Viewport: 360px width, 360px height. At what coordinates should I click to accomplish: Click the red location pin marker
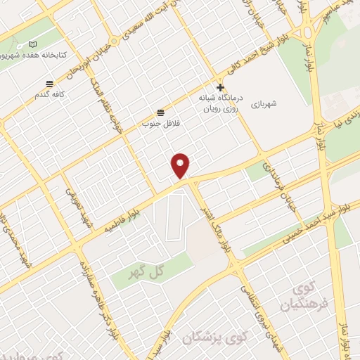pos(181,166)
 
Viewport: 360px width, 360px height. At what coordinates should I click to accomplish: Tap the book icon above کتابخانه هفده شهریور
pos(33,44)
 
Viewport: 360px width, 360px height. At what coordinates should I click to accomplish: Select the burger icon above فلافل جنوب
pos(161,112)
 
